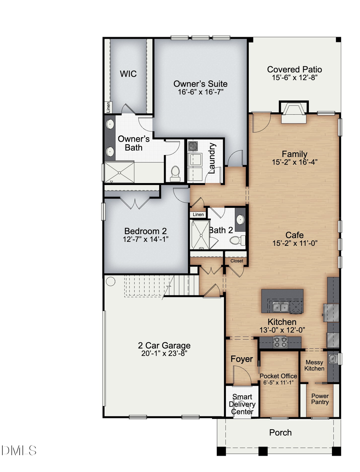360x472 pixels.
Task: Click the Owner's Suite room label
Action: click(x=200, y=84)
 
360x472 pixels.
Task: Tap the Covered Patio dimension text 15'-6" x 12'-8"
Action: click(x=294, y=78)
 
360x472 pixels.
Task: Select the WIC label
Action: click(x=128, y=74)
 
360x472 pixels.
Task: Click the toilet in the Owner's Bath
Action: click(x=175, y=173)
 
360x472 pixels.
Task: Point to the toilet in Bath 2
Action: click(x=238, y=241)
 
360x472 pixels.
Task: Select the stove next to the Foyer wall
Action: click(x=280, y=342)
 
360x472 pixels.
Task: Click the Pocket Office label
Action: click(x=278, y=376)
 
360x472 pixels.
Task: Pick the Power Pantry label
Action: click(x=320, y=399)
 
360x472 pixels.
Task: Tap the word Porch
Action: click(x=280, y=432)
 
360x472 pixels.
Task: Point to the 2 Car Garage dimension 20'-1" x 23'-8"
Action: click(x=162, y=353)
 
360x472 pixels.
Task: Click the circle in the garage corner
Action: click(x=110, y=281)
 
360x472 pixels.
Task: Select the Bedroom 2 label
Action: click(x=145, y=231)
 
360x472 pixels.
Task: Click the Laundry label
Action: click(x=212, y=158)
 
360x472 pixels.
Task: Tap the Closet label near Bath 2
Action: click(x=236, y=261)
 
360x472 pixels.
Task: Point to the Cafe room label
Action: click(x=294, y=235)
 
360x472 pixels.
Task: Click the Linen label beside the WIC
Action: click(x=108, y=107)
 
